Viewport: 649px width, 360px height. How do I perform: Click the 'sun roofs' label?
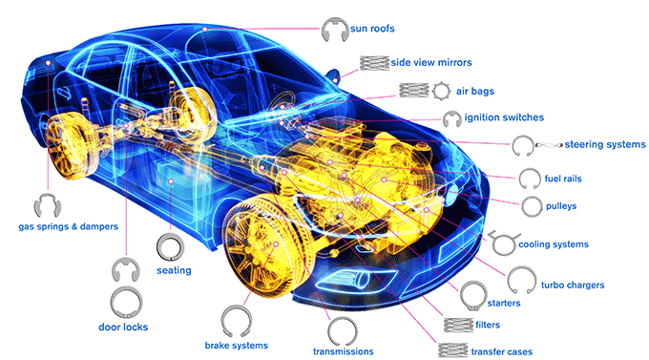[372, 29]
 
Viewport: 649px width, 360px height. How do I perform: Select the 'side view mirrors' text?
[430, 63]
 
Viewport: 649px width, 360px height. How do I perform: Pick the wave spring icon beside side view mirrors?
[374, 63]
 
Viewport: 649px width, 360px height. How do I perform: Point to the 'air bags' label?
[475, 91]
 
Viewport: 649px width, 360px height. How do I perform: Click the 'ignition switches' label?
[504, 117]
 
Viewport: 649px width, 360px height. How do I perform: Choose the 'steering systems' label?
[605, 144]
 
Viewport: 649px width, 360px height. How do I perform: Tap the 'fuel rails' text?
[563, 179]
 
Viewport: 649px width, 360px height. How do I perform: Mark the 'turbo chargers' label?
[573, 285]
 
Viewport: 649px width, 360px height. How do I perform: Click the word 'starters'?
[504, 304]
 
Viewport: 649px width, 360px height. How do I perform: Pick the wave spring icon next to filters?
[458, 326]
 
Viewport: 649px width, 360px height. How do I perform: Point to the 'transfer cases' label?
[502, 352]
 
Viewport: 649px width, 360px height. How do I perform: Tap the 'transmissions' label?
[344, 351]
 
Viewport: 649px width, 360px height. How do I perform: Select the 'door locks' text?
[123, 328]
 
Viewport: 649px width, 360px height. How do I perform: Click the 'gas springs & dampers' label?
[69, 226]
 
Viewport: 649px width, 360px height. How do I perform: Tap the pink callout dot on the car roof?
[204, 30]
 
